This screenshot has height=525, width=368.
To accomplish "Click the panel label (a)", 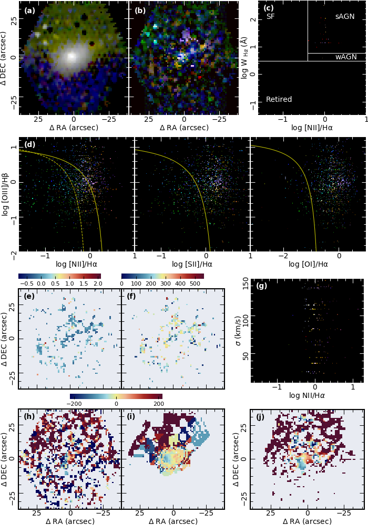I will (29, 10).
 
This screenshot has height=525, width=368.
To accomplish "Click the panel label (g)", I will (261, 286).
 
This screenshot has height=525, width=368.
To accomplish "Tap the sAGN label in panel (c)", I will (345, 17).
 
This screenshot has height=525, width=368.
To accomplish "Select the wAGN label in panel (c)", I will (346, 57).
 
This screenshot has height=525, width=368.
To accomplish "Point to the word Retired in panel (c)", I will (279, 99).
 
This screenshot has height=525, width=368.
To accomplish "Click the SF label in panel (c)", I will (270, 17).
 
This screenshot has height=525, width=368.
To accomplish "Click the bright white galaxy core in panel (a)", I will (73, 55).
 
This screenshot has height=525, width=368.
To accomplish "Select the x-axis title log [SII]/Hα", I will (192, 264).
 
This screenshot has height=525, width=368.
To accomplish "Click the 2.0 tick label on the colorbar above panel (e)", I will (97, 283).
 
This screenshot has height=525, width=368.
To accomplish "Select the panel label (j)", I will (261, 417).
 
